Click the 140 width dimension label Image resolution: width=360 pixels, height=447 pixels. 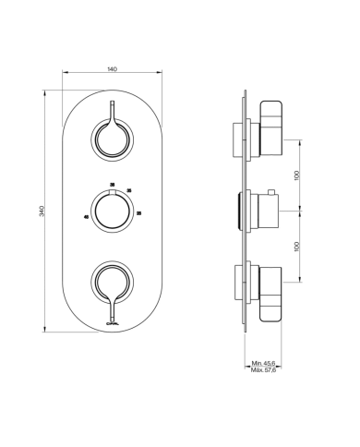(112, 69)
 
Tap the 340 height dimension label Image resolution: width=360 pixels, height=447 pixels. (42, 211)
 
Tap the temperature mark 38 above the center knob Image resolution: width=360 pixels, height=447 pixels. (112, 185)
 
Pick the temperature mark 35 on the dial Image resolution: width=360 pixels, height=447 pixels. (128, 190)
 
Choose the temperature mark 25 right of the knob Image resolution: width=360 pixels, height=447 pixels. (138, 213)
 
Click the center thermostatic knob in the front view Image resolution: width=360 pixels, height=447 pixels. (112, 210)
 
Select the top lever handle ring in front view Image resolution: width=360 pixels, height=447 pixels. (112, 140)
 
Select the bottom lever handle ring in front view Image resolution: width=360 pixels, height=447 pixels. (112, 279)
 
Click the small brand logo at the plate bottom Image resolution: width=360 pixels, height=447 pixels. (112, 323)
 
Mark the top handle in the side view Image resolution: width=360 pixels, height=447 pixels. (270, 129)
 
